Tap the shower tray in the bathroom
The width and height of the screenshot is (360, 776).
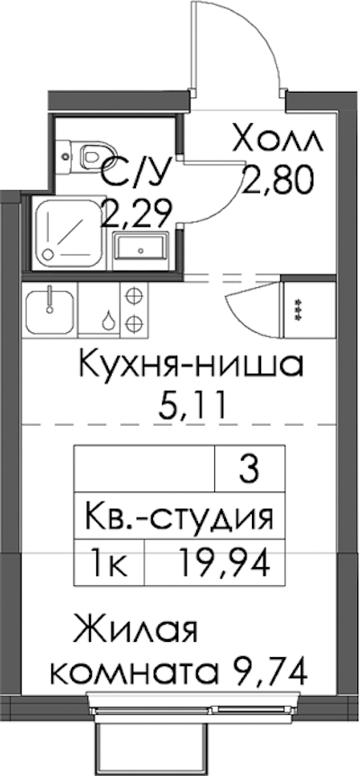click(69, 232)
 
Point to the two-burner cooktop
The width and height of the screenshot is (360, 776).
click(133, 310)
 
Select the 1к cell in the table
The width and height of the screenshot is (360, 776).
click(109, 564)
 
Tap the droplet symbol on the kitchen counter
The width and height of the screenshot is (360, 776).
click(107, 320)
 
